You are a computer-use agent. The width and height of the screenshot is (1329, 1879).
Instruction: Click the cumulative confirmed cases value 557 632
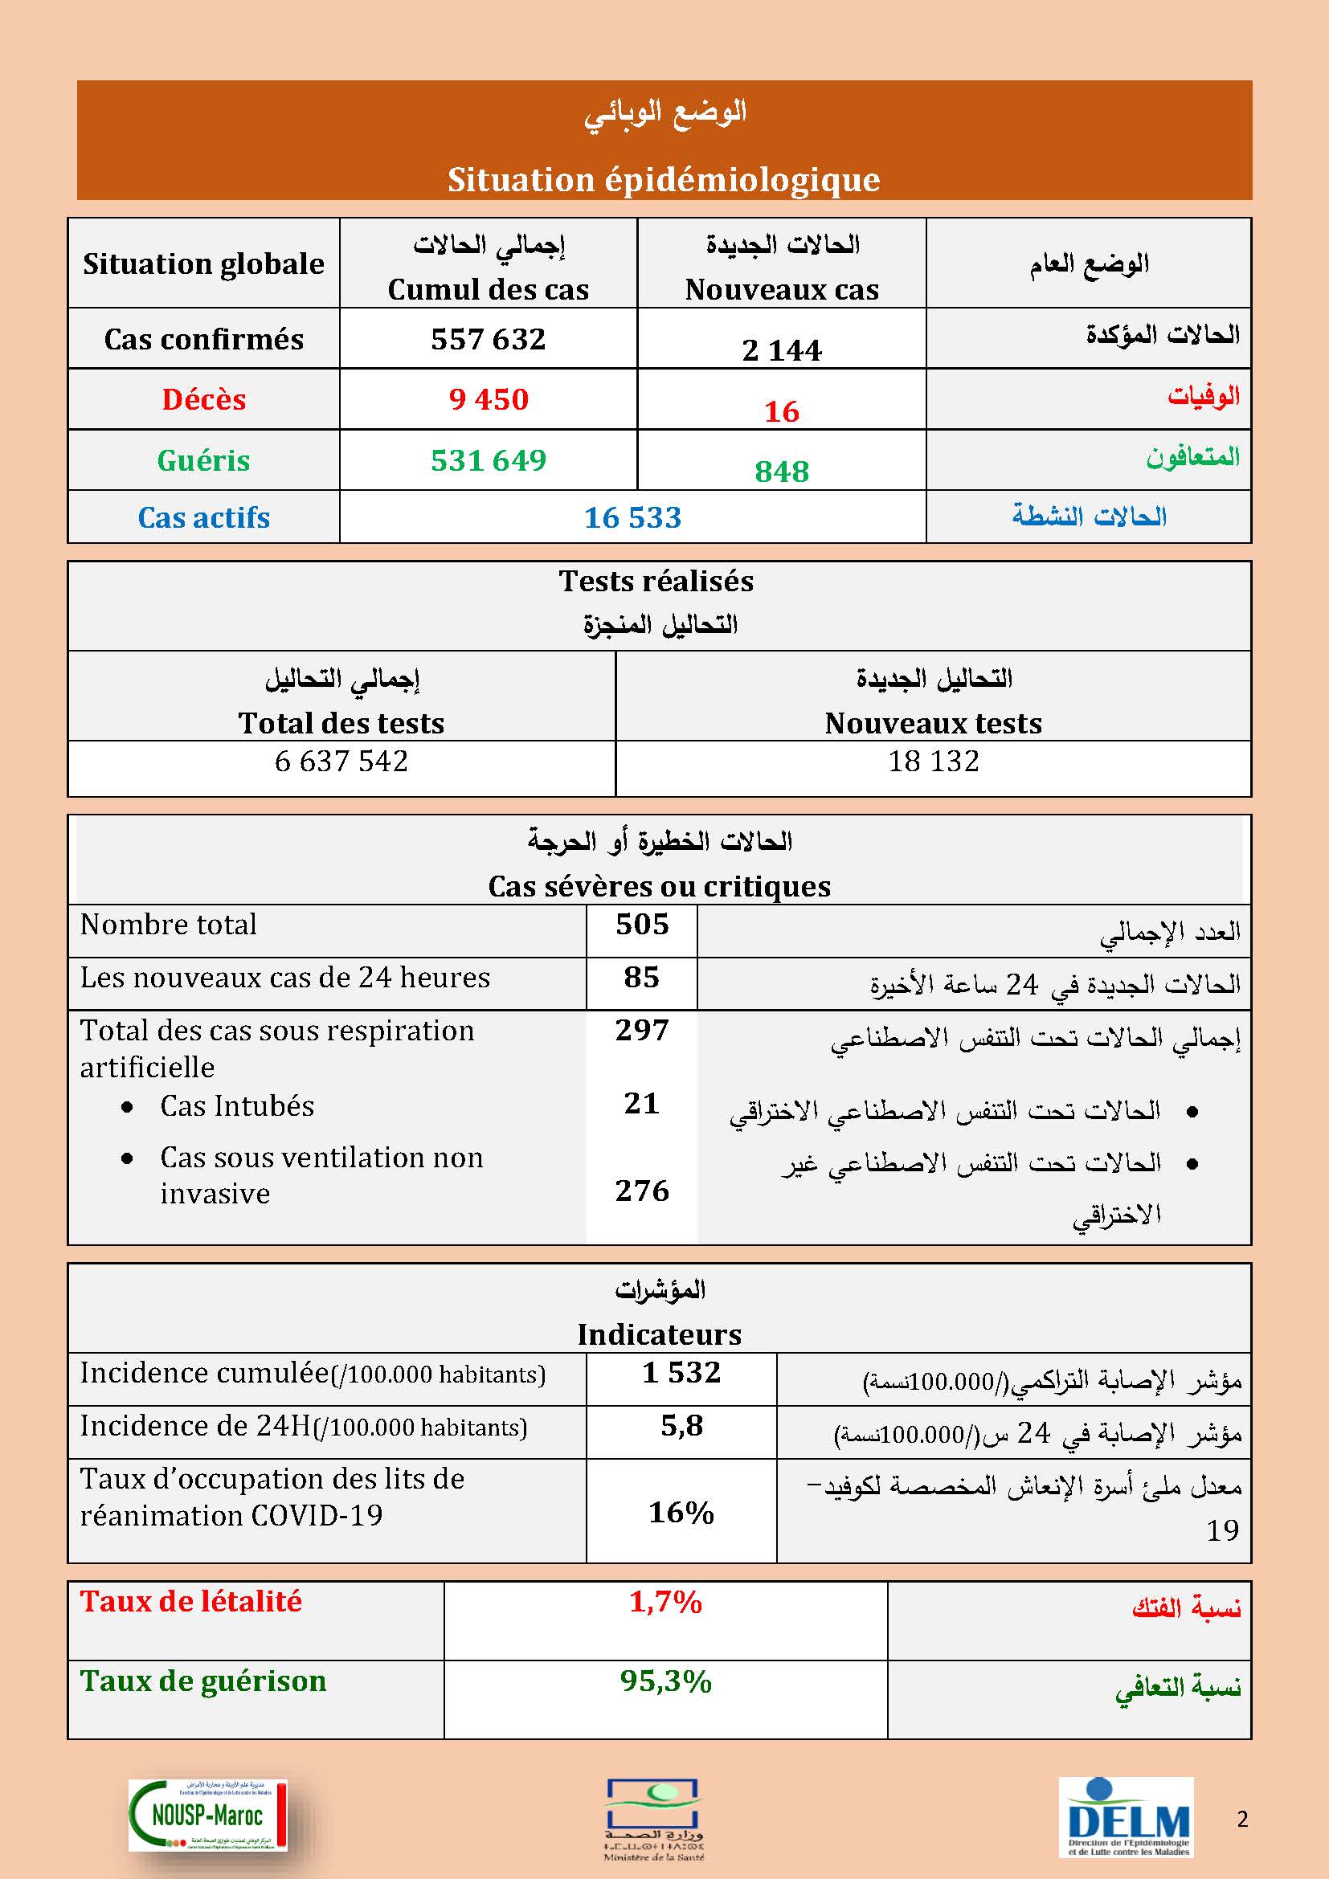tap(488, 339)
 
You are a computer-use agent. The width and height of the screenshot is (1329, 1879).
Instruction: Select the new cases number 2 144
tap(782, 350)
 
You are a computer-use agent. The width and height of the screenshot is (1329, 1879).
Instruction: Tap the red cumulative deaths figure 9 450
tap(489, 399)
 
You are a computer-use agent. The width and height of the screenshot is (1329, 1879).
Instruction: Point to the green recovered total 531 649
tap(489, 460)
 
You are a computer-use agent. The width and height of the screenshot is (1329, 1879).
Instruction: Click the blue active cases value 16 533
tap(632, 517)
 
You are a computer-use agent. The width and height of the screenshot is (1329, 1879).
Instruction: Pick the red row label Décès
tap(204, 399)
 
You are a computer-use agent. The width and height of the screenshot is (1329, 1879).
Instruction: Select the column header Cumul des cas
tap(489, 290)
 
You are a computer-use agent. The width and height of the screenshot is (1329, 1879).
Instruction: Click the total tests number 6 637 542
tap(341, 761)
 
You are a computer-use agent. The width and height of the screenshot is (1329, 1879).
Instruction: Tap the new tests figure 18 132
tap(934, 761)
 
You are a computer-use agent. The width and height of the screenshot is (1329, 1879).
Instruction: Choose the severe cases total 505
tap(643, 924)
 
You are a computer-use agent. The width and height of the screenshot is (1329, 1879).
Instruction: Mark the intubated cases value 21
tap(641, 1103)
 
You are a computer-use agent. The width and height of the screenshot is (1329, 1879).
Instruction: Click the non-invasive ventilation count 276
tap(643, 1190)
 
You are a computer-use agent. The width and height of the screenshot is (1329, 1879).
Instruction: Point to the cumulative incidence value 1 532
tap(681, 1372)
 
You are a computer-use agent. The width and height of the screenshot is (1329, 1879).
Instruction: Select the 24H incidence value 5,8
tap(681, 1426)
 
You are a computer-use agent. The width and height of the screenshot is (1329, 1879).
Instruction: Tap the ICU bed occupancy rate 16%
tap(681, 1513)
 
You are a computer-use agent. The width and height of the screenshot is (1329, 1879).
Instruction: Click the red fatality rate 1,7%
tap(665, 1602)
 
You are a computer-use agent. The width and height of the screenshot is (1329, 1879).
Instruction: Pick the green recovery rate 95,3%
tap(665, 1681)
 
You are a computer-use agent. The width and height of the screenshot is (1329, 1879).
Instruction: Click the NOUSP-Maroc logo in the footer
tap(208, 1815)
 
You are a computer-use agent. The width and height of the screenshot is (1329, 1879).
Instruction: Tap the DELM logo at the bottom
tap(1127, 1816)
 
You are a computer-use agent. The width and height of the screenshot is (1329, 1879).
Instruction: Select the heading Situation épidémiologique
tap(664, 180)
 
